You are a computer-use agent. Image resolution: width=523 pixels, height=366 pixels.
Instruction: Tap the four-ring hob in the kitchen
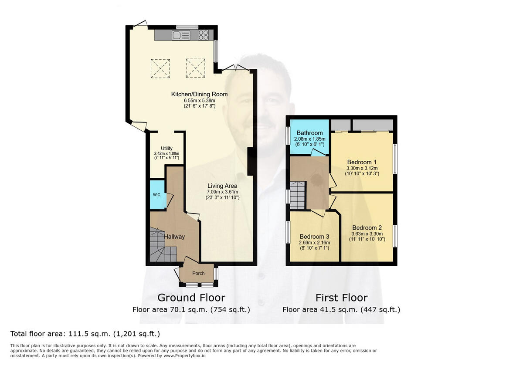point(204,35)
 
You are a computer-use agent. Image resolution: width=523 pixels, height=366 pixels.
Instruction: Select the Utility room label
point(166,148)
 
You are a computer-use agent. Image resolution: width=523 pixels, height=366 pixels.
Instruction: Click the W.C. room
point(157,195)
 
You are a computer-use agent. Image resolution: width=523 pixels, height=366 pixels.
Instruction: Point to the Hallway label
point(174,237)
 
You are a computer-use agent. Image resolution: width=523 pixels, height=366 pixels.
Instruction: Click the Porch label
point(198,273)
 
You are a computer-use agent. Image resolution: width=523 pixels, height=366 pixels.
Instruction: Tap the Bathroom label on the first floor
point(309,133)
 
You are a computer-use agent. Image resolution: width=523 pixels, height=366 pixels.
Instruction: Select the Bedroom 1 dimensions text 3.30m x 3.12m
point(362,168)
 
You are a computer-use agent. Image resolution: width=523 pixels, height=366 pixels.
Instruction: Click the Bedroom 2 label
point(367,227)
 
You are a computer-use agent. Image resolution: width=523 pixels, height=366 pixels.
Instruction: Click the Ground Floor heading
point(191,298)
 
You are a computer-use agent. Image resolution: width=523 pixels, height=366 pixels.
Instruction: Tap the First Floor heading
point(341,298)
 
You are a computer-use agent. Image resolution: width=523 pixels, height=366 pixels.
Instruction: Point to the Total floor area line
point(85,334)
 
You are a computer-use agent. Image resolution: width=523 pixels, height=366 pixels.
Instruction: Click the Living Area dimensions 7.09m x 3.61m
point(222,192)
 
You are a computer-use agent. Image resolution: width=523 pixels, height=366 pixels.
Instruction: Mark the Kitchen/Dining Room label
point(199,94)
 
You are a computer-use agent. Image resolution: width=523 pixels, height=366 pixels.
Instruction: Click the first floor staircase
point(298,195)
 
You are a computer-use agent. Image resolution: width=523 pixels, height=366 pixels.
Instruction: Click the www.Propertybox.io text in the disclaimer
point(187,356)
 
